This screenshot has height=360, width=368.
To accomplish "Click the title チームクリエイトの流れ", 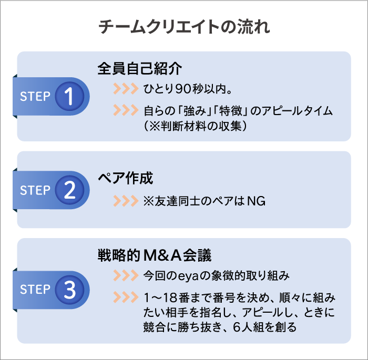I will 184,28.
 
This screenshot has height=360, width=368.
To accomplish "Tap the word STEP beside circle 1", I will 35,97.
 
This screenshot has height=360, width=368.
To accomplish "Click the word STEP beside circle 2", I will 35,190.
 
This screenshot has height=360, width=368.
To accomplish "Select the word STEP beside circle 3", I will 35,290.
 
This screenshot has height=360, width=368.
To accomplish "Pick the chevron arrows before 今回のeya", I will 125,275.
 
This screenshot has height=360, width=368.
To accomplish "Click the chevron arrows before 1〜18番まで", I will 125,297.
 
